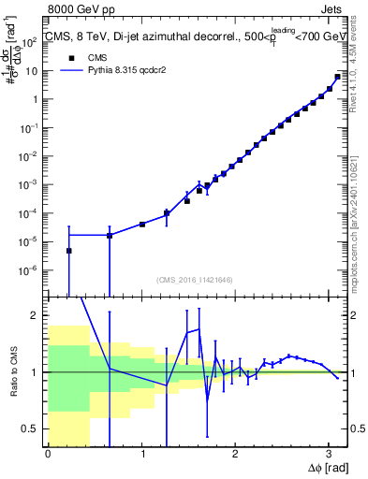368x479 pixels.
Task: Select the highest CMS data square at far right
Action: click(x=337, y=77)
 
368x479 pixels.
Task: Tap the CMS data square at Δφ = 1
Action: click(x=141, y=225)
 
